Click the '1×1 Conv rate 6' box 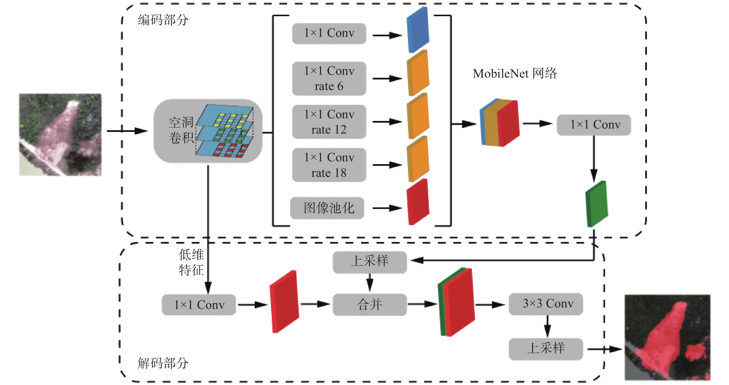(x=329, y=78)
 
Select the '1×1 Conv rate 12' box (x=329, y=122)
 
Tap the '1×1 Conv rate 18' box (x=329, y=165)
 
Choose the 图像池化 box (x=327, y=208)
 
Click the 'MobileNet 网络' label (x=514, y=74)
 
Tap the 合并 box (x=370, y=305)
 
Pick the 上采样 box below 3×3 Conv (x=546, y=349)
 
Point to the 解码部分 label (x=163, y=363)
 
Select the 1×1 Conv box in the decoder (x=199, y=305)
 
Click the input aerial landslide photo (x=60, y=135)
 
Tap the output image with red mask (x=667, y=338)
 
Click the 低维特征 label (x=191, y=262)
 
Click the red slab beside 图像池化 (x=418, y=202)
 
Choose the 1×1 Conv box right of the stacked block (x=594, y=125)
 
